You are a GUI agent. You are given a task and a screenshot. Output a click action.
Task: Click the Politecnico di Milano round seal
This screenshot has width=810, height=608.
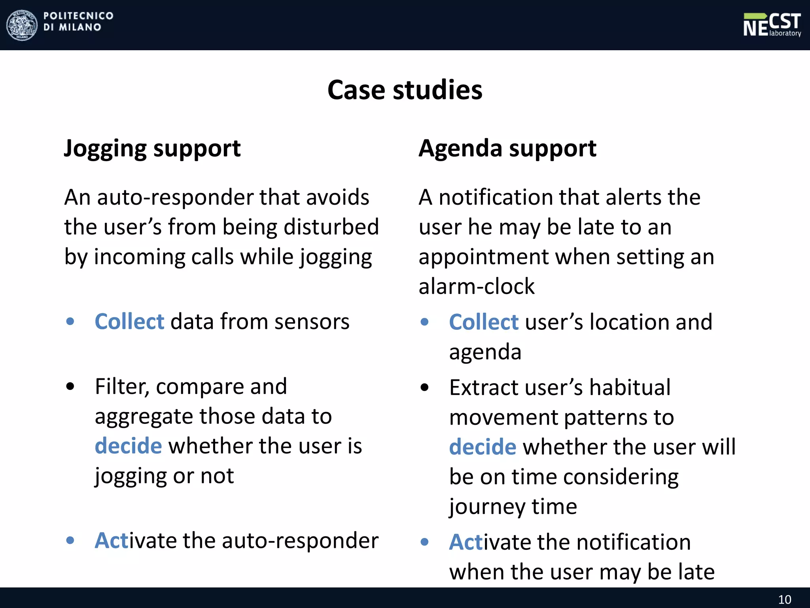pyautogui.click(x=22, y=25)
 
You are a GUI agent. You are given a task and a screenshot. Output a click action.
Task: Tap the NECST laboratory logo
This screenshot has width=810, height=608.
pyautogui.click(x=772, y=25)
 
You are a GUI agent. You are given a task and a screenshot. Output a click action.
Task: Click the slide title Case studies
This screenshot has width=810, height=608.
pyautogui.click(x=405, y=90)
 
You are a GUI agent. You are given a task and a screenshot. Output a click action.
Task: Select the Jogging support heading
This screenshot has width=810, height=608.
pyautogui.click(x=152, y=149)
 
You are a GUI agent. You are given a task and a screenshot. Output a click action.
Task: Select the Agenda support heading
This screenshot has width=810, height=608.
pyautogui.click(x=507, y=149)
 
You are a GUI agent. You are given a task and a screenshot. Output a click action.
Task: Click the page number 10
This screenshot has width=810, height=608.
pyautogui.click(x=785, y=599)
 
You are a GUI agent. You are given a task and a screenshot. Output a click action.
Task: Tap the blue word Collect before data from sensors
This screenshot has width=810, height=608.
pyautogui.click(x=129, y=321)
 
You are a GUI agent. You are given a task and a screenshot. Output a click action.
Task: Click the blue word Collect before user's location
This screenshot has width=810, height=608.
pyautogui.click(x=483, y=322)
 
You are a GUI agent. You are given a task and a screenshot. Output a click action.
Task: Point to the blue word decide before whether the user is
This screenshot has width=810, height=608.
pyautogui.click(x=128, y=446)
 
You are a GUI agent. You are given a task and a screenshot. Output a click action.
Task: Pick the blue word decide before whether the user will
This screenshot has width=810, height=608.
pyautogui.click(x=483, y=447)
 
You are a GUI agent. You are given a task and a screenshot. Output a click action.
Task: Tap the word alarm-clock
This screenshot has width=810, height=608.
pyautogui.click(x=477, y=286)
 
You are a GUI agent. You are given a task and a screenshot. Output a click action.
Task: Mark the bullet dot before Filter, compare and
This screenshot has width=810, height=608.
pyautogui.click(x=70, y=387)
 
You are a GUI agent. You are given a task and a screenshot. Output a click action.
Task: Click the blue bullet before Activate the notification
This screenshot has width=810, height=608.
pyautogui.click(x=425, y=542)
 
